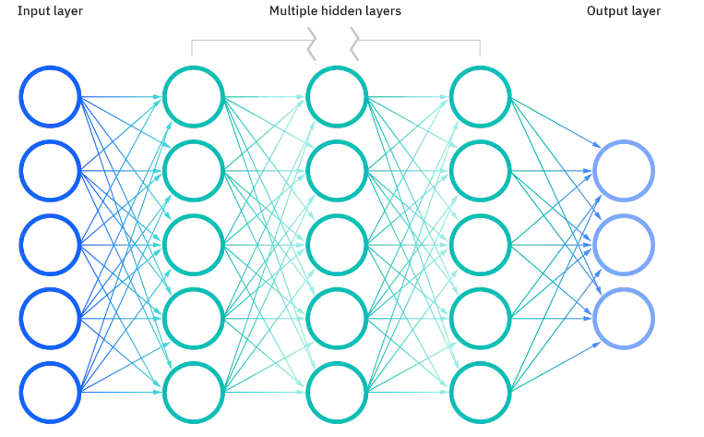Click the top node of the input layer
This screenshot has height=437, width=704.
(x=50, y=96)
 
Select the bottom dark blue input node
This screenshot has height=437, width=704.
(x=50, y=393)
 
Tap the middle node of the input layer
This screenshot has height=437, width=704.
(x=50, y=245)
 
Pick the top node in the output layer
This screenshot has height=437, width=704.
(x=624, y=171)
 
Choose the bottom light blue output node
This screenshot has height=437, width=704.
(x=624, y=319)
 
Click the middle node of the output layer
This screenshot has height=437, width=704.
(x=624, y=245)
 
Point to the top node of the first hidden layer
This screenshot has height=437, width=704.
(x=194, y=96)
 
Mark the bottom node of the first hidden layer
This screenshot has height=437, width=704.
(x=194, y=393)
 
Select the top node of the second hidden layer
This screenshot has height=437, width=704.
(x=337, y=96)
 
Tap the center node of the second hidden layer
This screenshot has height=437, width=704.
(x=337, y=245)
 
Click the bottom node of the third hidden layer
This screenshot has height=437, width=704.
(x=480, y=393)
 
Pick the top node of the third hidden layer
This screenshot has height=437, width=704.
(x=480, y=96)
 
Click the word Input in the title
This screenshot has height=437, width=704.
(x=33, y=12)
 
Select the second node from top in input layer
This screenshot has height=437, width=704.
(x=50, y=171)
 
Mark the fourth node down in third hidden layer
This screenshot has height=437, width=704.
(x=480, y=319)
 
